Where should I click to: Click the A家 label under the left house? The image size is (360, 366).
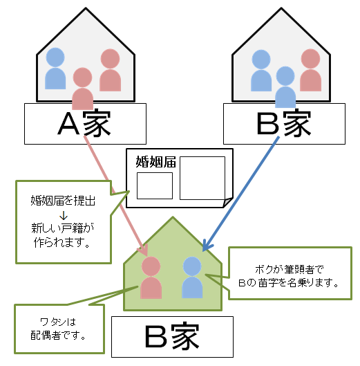[84, 123]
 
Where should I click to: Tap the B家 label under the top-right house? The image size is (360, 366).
[284, 123]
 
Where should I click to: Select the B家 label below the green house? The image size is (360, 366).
[172, 336]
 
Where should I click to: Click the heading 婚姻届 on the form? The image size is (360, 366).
[155, 162]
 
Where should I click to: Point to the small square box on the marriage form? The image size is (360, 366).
[155, 186]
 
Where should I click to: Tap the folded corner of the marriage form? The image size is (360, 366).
[228, 202]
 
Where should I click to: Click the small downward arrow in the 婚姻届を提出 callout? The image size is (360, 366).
[64, 215]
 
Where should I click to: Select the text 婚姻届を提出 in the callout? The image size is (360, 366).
[63, 201]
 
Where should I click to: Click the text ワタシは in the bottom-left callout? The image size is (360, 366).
[58, 322]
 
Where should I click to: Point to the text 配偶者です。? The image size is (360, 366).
[58, 336]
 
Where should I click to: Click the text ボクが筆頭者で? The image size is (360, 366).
[290, 269]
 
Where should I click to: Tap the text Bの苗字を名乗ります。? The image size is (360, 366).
[288, 283]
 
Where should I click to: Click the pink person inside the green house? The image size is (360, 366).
[151, 277]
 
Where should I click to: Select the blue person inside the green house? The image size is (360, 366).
[192, 277]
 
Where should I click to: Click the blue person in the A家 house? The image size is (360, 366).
[55, 68]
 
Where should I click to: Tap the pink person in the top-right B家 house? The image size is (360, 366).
[310, 70]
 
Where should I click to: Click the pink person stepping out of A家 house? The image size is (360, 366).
[82, 89]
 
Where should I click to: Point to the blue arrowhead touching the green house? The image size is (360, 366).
[207, 246]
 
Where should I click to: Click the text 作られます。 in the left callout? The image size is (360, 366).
[62, 243]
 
